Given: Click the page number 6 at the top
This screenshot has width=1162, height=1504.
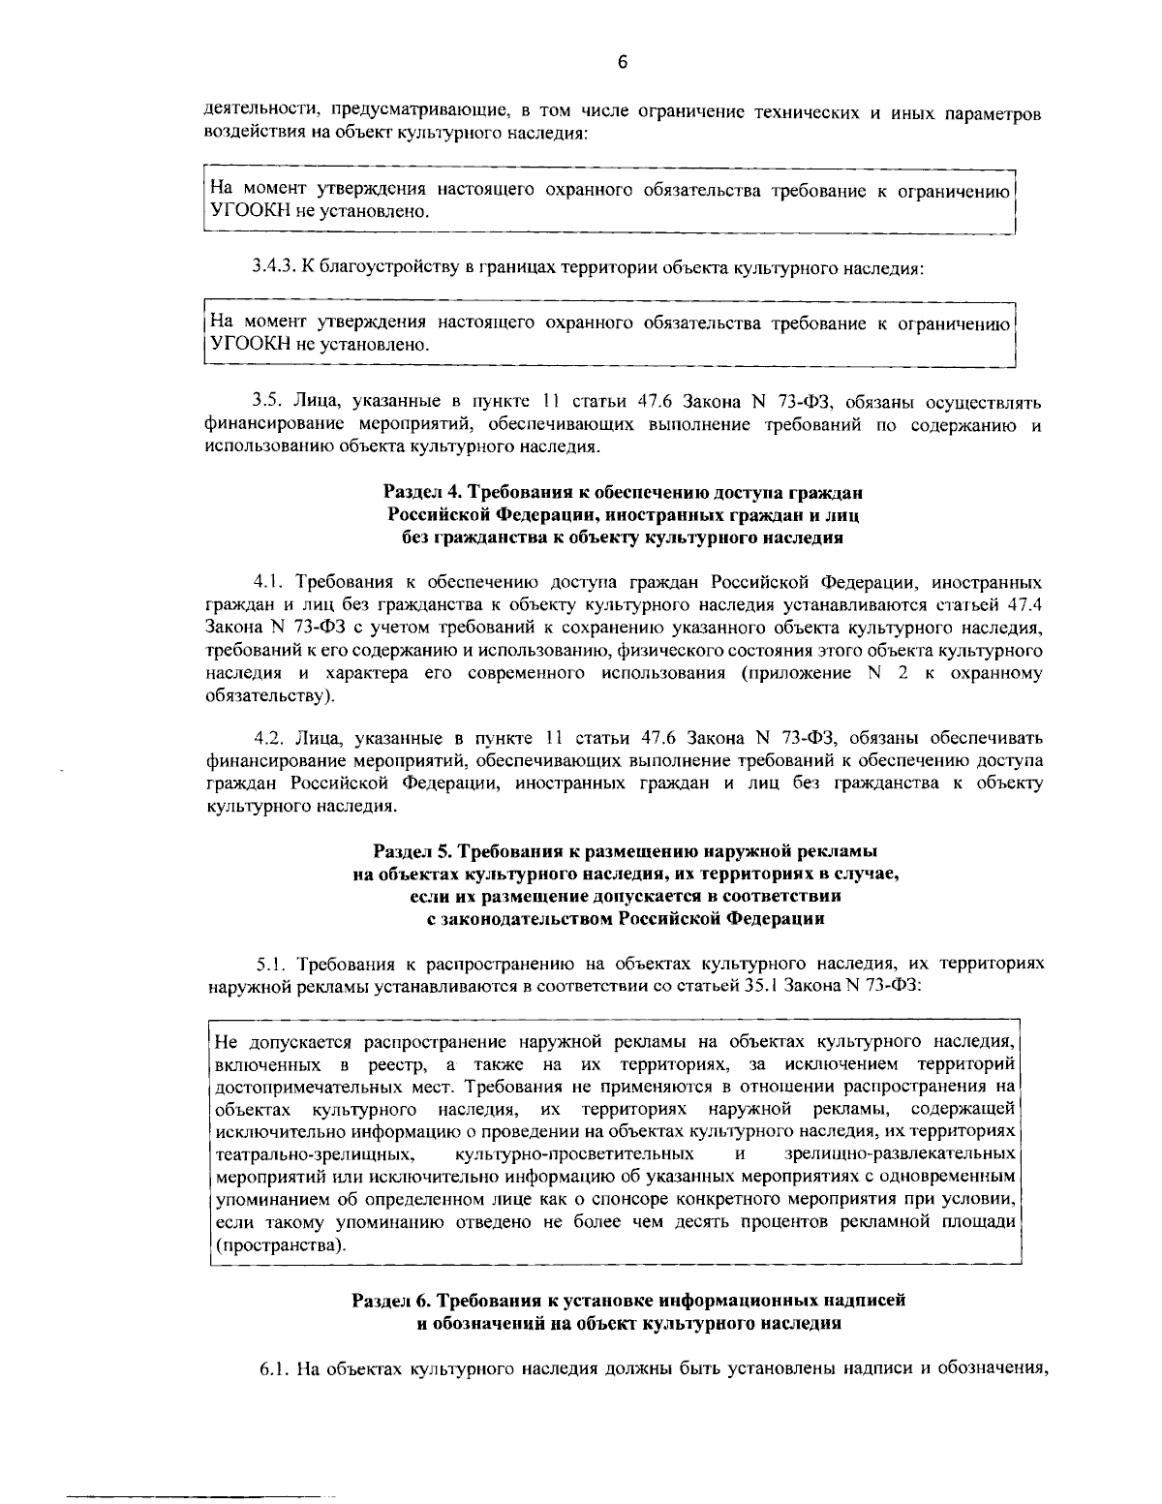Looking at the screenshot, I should [623, 63].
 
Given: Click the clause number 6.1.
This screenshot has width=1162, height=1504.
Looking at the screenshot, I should [273, 1369].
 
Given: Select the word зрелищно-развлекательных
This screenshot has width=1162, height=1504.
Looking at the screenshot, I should [900, 1154].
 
